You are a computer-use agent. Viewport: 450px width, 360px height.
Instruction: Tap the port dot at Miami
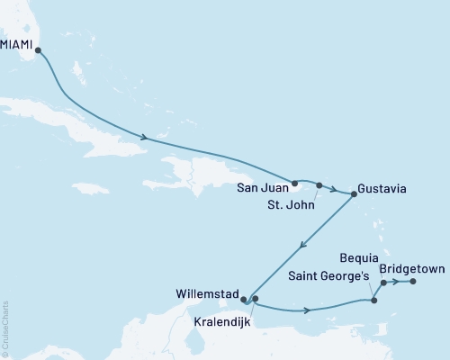pyautogui.click(x=38, y=51)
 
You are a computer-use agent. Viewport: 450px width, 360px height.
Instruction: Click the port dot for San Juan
pyautogui.click(x=294, y=183)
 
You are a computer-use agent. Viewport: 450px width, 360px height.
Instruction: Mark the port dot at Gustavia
pyautogui.click(x=353, y=193)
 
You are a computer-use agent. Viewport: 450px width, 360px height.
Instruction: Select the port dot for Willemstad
pyautogui.click(x=244, y=301)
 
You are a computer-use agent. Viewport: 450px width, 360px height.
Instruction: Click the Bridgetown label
pyautogui.click(x=412, y=268)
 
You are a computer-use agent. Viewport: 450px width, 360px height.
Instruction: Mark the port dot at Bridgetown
pyautogui.click(x=413, y=282)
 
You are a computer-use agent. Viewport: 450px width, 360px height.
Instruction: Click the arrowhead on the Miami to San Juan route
pyautogui.click(x=143, y=138)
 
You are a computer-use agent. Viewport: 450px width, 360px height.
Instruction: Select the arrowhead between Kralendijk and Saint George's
pyautogui.click(x=309, y=311)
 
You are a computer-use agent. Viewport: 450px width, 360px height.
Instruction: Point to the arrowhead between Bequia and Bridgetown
pyautogui.click(x=397, y=282)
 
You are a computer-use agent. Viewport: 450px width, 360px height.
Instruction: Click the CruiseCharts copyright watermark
pyautogui.click(x=4, y=328)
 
